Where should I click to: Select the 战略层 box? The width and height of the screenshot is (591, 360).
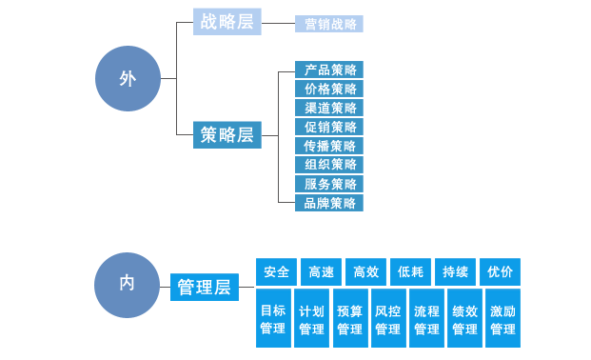click(x=227, y=22)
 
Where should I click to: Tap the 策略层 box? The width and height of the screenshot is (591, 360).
click(x=227, y=135)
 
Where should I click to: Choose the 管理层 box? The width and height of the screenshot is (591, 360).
click(x=204, y=286)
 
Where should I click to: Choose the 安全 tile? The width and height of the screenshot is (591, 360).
click(x=277, y=271)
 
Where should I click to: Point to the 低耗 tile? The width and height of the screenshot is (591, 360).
click(x=411, y=271)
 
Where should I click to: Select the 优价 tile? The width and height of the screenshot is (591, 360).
click(x=501, y=271)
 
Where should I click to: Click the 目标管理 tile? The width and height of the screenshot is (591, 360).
click(x=273, y=319)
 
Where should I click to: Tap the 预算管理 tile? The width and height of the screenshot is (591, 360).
click(x=349, y=319)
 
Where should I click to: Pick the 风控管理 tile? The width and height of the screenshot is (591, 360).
click(x=387, y=319)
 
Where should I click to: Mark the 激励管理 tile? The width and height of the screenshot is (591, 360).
click(x=502, y=319)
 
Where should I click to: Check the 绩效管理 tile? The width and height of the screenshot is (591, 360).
click(x=464, y=319)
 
